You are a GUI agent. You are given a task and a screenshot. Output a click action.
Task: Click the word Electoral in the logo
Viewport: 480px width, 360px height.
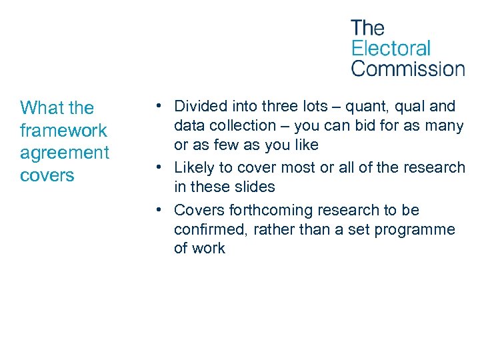click(x=391, y=48)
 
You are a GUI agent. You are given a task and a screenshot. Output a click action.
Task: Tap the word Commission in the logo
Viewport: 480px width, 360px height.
click(x=407, y=68)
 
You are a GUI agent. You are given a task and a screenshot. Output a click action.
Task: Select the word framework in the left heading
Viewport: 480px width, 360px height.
click(x=63, y=130)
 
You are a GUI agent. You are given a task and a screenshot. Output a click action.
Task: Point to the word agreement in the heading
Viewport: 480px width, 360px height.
click(x=65, y=153)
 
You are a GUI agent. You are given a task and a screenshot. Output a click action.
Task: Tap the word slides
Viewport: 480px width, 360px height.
click(x=252, y=187)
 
